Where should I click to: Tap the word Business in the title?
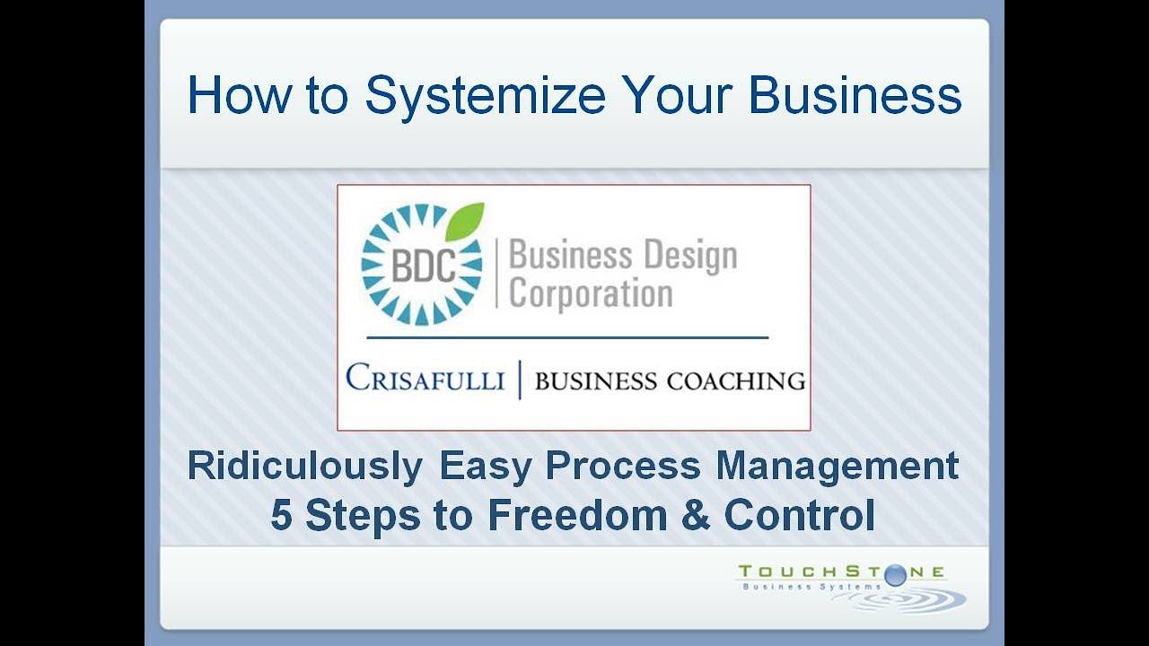855,95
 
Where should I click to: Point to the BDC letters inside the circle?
422,266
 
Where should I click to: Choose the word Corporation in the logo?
591,293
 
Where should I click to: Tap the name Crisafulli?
425,380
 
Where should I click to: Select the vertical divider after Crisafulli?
519,380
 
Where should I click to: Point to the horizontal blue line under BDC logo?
567,337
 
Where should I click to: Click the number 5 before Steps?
281,515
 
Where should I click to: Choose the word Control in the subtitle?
799,515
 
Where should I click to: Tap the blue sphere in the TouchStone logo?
895,576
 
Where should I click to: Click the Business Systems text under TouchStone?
807,587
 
